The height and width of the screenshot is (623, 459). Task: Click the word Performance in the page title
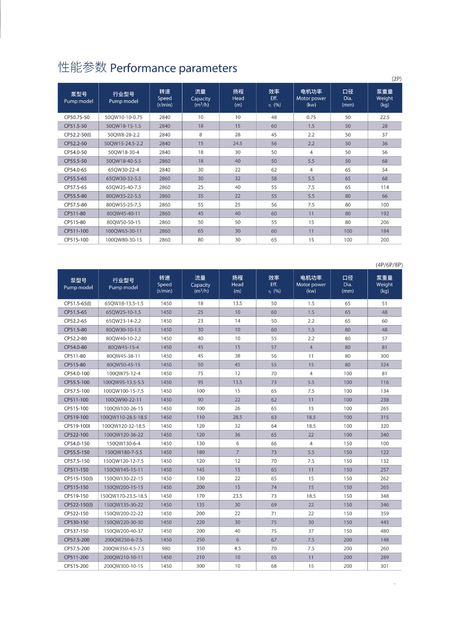pyautogui.click(x=143, y=68)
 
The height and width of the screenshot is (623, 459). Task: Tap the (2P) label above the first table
pyautogui.click(x=396, y=79)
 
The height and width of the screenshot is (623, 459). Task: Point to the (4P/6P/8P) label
pyautogui.click(x=389, y=265)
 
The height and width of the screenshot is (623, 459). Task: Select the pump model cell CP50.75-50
pyautogui.click(x=77, y=117)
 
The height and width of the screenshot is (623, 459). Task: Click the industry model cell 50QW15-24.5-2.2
pyautogui.click(x=124, y=144)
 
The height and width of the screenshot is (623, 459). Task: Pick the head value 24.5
pyautogui.click(x=238, y=144)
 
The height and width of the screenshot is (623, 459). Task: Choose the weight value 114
pyautogui.click(x=385, y=187)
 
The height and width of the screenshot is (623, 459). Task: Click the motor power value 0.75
pyautogui.click(x=311, y=117)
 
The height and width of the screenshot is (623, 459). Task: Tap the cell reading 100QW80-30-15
pyautogui.click(x=124, y=240)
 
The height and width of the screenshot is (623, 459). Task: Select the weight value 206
pyautogui.click(x=385, y=222)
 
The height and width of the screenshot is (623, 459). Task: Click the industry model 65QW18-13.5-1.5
pyautogui.click(x=124, y=303)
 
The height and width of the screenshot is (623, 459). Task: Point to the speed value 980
pyautogui.click(x=166, y=549)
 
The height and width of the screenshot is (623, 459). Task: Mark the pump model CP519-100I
pyautogui.click(x=77, y=426)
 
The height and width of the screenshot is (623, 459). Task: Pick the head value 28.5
pyautogui.click(x=237, y=417)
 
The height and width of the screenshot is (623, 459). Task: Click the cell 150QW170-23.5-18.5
pyautogui.click(x=124, y=496)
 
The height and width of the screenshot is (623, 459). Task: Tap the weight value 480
pyautogui.click(x=385, y=531)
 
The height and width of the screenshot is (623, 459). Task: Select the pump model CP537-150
pyautogui.click(x=76, y=531)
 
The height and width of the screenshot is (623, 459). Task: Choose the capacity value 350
pyautogui.click(x=200, y=549)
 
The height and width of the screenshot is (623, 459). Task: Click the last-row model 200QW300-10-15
pyautogui.click(x=124, y=566)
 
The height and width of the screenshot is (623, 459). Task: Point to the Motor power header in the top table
pyautogui.click(x=311, y=99)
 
